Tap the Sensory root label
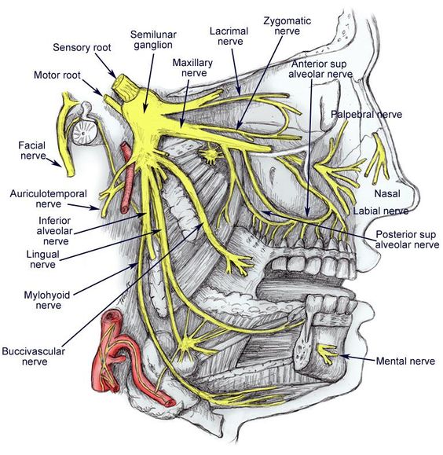coord(83,47)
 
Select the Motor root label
coord(57,75)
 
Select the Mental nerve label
coord(405,361)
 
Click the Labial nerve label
coord(380,211)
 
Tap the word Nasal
coord(377,191)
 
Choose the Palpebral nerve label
coord(366,115)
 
